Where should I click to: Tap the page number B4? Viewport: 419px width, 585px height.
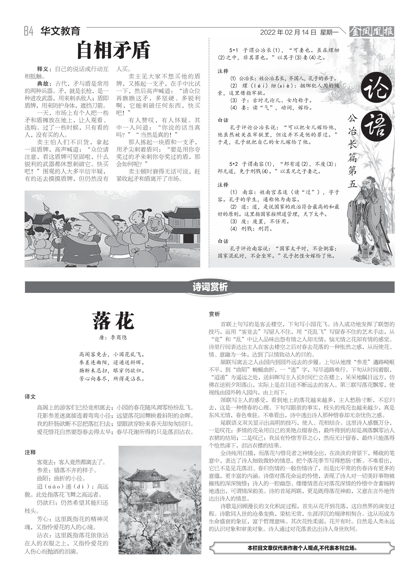(x=29, y=31)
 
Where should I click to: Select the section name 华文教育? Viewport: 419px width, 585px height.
(x=60, y=31)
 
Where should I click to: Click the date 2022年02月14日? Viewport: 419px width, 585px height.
(x=288, y=32)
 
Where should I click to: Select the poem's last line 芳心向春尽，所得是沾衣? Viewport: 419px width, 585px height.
(x=112, y=379)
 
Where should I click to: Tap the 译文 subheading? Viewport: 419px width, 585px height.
(x=30, y=397)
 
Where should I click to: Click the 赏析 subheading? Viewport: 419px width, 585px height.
(x=214, y=314)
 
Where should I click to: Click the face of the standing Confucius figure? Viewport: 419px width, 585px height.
(x=365, y=187)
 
